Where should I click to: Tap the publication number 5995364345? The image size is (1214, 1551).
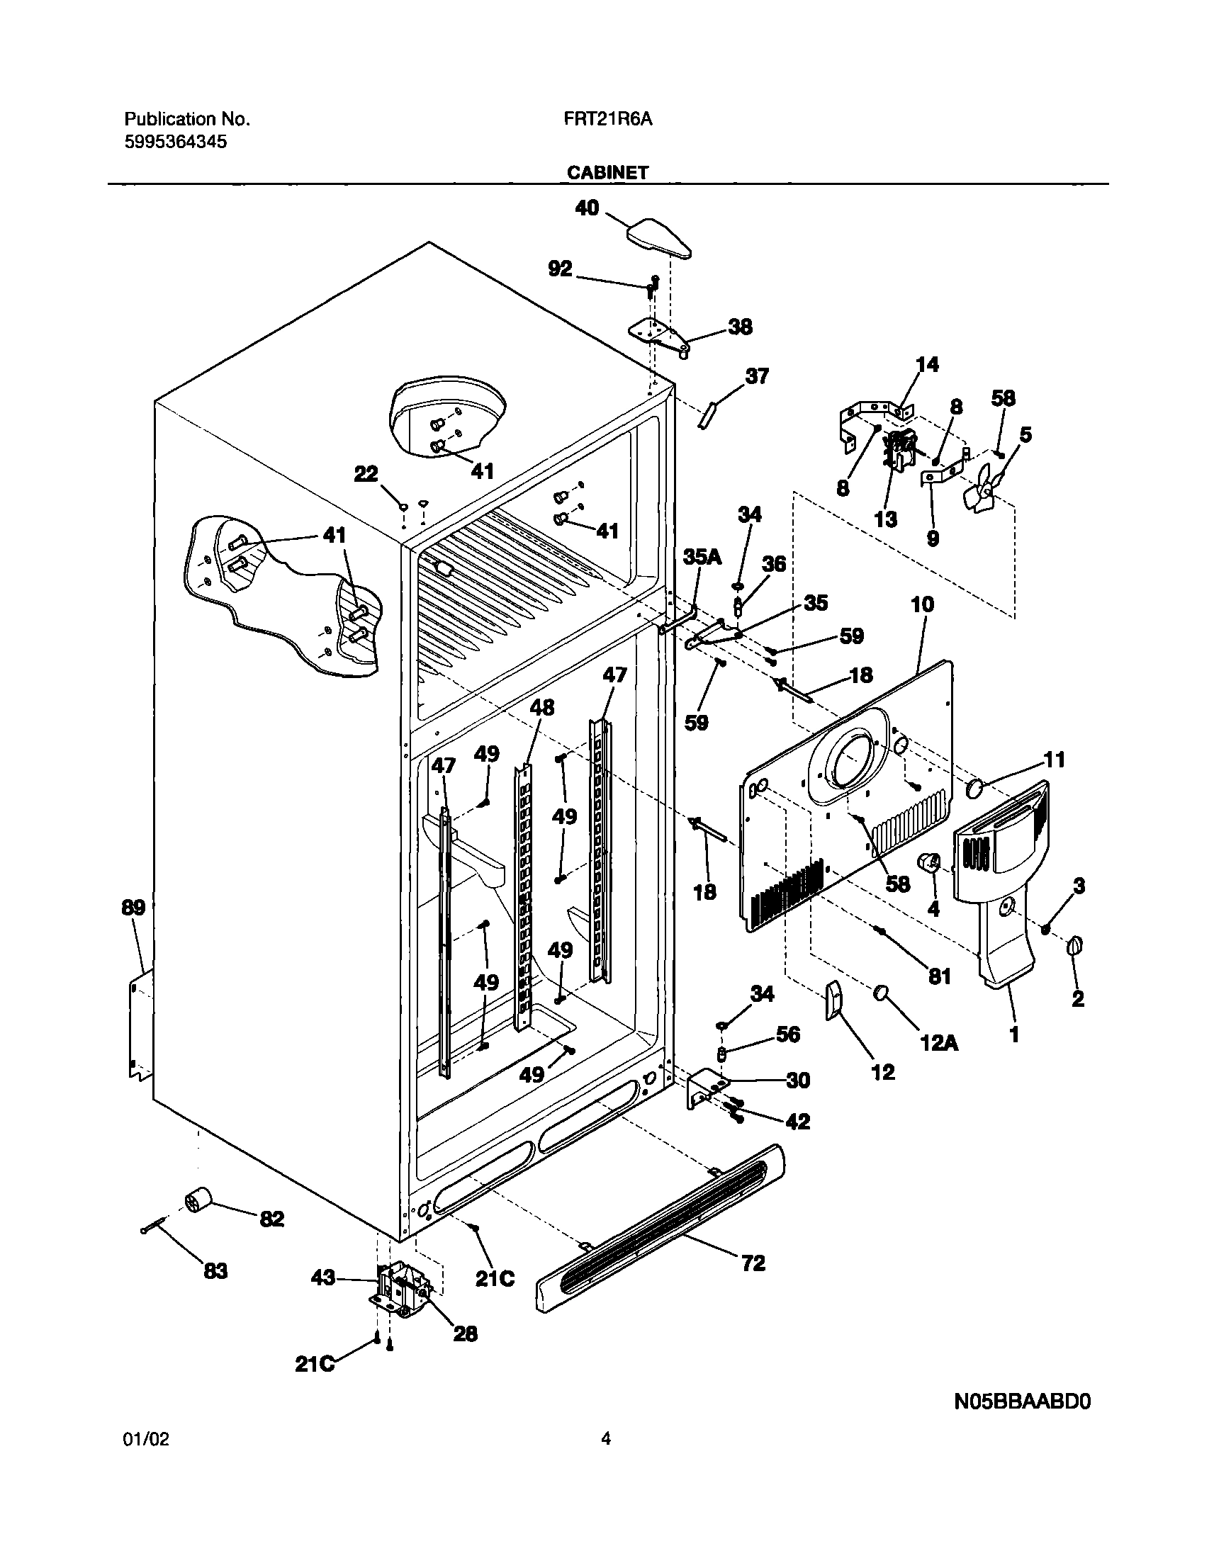[x=176, y=142]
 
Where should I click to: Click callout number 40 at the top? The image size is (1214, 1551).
[x=587, y=208]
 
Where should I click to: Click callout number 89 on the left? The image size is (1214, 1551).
[x=134, y=908]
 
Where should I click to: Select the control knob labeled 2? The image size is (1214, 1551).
[x=1074, y=947]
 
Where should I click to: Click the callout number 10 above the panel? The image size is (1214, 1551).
[x=922, y=604]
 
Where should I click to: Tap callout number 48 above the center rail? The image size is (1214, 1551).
[x=541, y=707]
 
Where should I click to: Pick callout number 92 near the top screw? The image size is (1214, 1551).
[x=560, y=269]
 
